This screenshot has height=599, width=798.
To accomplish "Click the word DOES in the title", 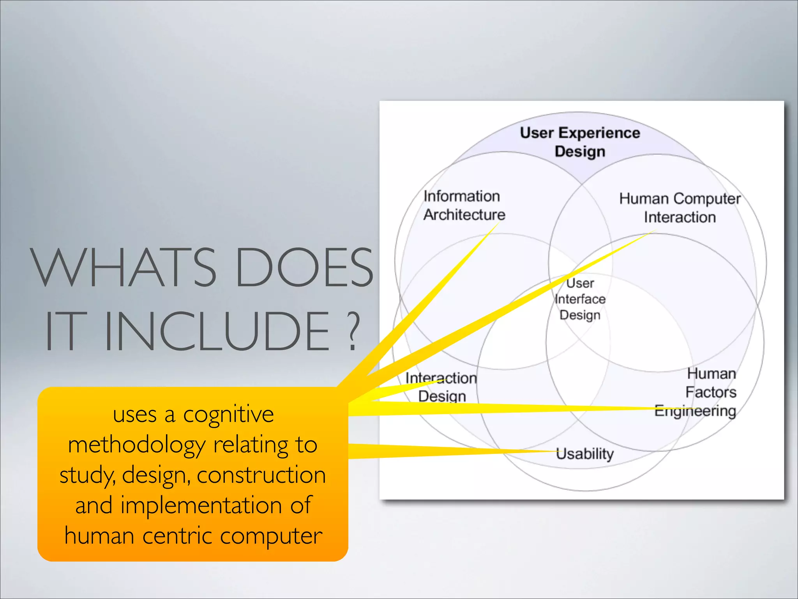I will pyautogui.click(x=304, y=268).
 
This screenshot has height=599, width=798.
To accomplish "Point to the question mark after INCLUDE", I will pyautogui.click(x=352, y=331).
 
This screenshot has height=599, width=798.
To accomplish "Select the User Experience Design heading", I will pyautogui.click(x=580, y=142).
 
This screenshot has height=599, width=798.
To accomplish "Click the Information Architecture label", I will pyautogui.click(x=464, y=205).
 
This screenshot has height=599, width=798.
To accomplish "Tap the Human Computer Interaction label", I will pyautogui.click(x=680, y=207).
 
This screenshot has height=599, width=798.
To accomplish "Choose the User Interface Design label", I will pyautogui.click(x=580, y=299).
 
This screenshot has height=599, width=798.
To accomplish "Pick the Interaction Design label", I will pyautogui.click(x=441, y=387).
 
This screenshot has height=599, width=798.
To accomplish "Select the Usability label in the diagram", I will pyautogui.click(x=584, y=454).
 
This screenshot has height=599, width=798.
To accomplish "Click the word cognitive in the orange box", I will pyautogui.click(x=228, y=415).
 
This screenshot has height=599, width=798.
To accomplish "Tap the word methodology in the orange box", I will pyautogui.click(x=136, y=445).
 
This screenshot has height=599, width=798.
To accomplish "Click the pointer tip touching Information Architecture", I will pyautogui.click(x=499, y=223).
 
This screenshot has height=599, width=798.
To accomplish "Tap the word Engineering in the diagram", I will pyautogui.click(x=695, y=411).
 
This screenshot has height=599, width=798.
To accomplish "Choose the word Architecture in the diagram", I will pyautogui.click(x=464, y=215).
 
